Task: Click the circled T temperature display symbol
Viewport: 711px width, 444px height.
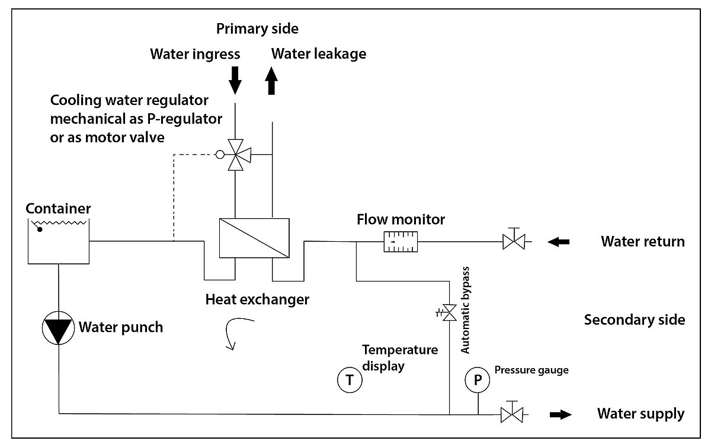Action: (x=350, y=379)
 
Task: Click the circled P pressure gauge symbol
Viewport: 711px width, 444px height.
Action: (x=477, y=379)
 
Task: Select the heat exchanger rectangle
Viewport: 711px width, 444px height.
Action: (x=254, y=238)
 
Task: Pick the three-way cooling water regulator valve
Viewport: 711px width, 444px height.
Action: (x=236, y=155)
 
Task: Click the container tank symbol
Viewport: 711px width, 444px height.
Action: (x=59, y=241)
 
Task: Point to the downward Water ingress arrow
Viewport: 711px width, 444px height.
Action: (x=235, y=80)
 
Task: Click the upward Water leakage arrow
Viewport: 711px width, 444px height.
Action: (x=272, y=81)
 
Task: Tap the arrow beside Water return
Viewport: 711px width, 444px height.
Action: (x=559, y=241)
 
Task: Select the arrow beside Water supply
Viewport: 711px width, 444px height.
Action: (x=560, y=414)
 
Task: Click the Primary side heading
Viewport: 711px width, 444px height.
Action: (x=257, y=28)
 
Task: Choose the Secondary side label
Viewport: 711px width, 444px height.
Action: (x=635, y=320)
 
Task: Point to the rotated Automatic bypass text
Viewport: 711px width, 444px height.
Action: (x=466, y=310)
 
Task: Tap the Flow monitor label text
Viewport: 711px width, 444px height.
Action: (x=401, y=220)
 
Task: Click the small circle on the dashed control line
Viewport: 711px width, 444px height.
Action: (x=220, y=155)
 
